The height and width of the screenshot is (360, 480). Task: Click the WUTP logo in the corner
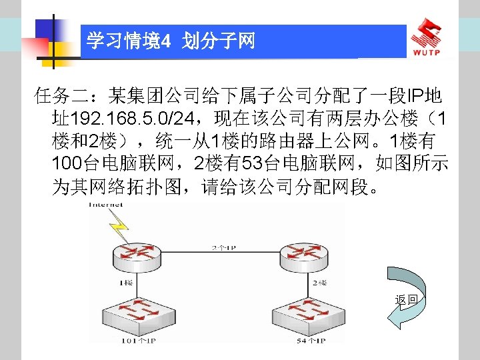point(433,37)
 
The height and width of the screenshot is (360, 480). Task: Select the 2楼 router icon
point(303,255)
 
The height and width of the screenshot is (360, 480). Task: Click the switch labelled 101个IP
point(133,313)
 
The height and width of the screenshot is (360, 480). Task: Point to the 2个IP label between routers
point(222,247)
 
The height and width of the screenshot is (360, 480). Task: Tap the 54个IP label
point(310,341)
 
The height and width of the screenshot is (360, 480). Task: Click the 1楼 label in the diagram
point(125,283)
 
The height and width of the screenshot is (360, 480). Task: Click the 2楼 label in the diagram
point(319,283)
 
